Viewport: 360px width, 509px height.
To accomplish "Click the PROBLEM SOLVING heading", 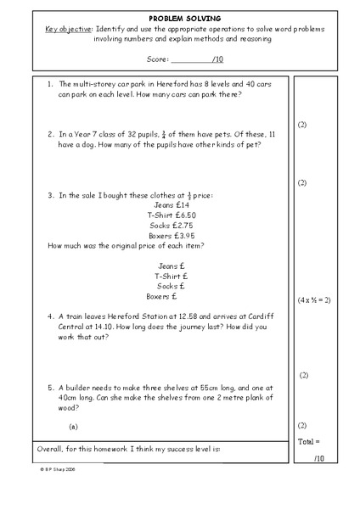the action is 179,17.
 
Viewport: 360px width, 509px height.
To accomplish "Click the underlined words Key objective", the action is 70,28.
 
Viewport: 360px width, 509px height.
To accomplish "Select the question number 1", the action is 50,85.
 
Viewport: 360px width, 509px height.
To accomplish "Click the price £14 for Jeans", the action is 182,205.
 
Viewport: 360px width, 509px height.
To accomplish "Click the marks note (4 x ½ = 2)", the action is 314,300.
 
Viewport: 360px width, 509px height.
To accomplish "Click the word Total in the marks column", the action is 307,442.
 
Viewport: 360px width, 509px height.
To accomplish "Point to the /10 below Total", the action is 318,458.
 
